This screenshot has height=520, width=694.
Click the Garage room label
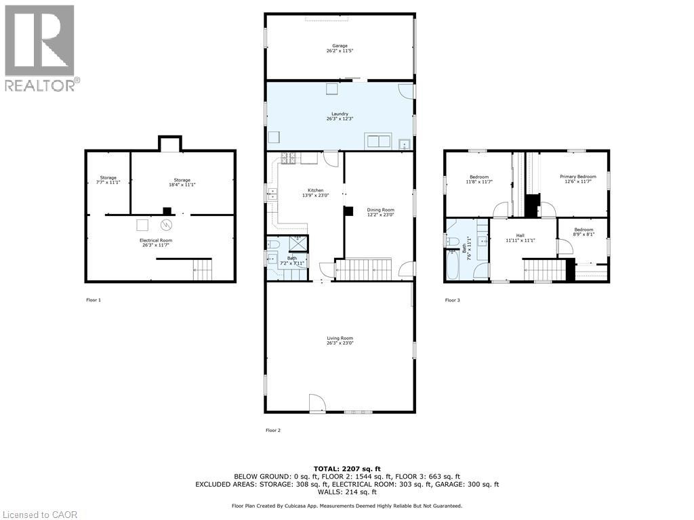click(x=340, y=46)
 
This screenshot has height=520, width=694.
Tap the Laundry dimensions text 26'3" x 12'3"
click(x=340, y=119)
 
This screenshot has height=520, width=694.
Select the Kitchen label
click(x=315, y=190)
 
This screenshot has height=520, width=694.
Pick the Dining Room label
click(x=380, y=210)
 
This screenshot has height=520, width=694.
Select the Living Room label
click(x=340, y=338)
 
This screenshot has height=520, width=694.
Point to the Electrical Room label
click(x=156, y=240)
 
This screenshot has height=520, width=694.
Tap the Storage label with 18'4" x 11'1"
click(x=181, y=179)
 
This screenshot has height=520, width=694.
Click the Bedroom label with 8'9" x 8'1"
click(x=584, y=230)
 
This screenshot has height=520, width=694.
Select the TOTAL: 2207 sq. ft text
click(x=346, y=469)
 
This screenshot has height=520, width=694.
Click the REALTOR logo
click(x=40, y=47)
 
